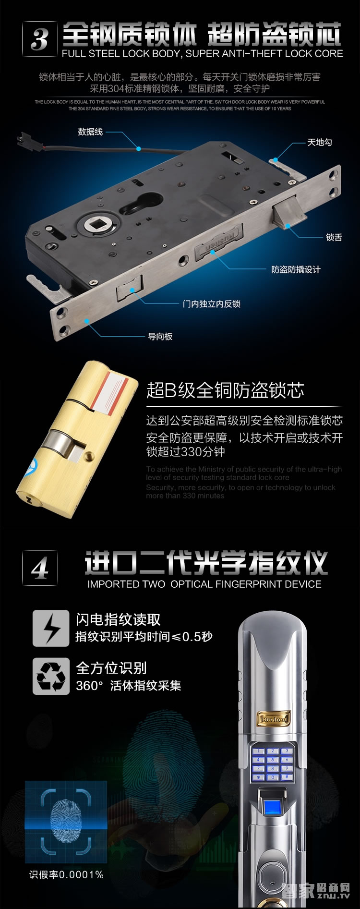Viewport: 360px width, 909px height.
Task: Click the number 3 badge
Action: pos(40,38)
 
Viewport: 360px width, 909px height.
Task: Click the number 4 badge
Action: pos(40,568)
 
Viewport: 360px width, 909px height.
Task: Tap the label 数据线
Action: pos(90,132)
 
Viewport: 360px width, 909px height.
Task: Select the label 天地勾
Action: pos(319,142)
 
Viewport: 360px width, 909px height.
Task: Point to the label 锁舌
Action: pos(334,237)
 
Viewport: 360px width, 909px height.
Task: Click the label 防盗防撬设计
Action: pos(296,269)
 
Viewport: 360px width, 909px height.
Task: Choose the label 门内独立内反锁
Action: pos(211,303)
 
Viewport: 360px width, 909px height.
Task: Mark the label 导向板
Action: pos(160,336)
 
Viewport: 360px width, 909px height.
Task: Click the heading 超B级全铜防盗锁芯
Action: pos(225,390)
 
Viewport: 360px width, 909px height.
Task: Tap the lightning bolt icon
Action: pos(51,628)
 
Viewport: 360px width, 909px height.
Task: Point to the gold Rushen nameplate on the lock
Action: pos(274,719)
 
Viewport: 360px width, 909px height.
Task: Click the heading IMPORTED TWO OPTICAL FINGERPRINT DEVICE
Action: pos(204,584)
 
